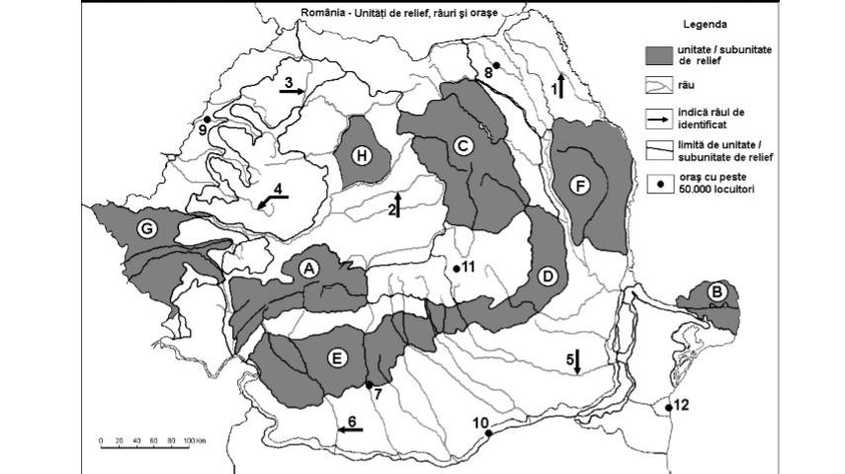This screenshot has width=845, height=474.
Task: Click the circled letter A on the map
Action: click(308, 267)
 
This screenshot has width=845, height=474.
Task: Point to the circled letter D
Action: click(547, 276)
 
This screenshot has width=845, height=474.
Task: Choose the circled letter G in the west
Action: click(146, 229)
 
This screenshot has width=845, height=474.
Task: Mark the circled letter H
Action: click(363, 154)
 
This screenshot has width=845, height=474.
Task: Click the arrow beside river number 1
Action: click(560, 84)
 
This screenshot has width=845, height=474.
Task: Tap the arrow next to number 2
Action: click(397, 204)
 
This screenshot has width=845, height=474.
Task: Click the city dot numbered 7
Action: click(369, 385)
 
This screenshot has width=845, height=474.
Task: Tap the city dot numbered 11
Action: click(456, 268)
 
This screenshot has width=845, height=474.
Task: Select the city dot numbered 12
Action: click(669, 407)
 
